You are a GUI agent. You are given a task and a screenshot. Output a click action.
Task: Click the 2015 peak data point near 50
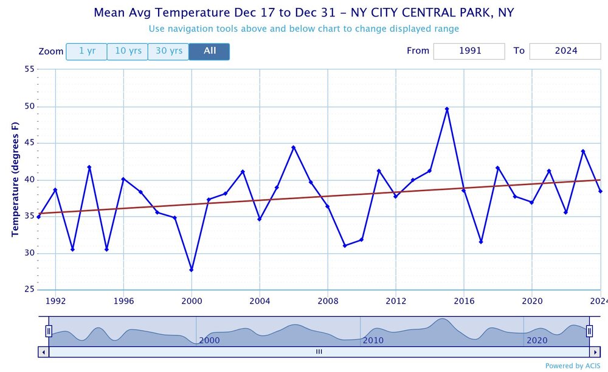tap(447, 109)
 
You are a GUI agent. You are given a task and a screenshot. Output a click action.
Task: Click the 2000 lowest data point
tap(192, 270)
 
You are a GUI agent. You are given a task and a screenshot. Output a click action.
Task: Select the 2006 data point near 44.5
tap(294, 147)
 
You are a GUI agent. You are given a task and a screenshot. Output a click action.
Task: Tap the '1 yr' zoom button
tap(86, 51)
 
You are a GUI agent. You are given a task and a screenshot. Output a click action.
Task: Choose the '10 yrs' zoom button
tap(128, 51)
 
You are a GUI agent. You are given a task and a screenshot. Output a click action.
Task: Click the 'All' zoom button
tap(209, 51)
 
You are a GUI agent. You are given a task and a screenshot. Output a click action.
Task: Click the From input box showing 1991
tap(469, 51)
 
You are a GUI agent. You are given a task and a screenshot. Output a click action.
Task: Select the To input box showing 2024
tap(565, 51)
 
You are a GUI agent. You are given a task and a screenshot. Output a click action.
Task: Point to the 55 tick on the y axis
tap(29, 70)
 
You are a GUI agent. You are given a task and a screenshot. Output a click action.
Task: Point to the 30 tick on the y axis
tap(29, 253)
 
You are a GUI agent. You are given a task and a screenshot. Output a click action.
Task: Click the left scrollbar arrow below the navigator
tap(43, 352)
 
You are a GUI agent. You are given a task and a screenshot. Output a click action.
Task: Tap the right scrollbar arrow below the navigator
tap(595, 352)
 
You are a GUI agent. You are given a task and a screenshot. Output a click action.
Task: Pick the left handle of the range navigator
tap(49, 331)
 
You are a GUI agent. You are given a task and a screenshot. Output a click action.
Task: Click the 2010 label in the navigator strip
tap(373, 340)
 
